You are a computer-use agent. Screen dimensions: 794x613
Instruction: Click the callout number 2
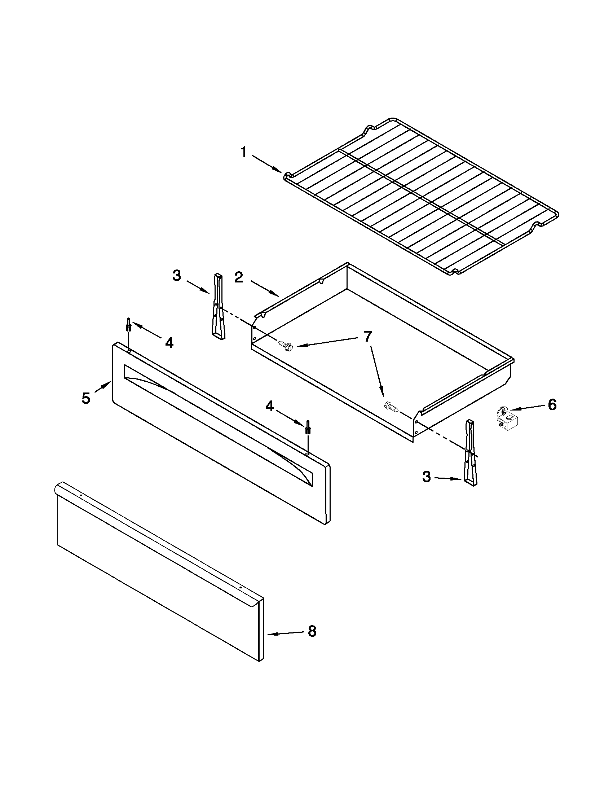click(239, 277)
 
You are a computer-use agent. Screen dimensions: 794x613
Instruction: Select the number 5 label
click(86, 399)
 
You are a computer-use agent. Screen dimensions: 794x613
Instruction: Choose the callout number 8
click(312, 631)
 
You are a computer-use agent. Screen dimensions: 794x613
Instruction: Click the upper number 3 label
click(177, 276)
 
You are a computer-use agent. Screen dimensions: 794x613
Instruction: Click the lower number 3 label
click(427, 477)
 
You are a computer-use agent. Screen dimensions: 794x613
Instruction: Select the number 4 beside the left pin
click(169, 342)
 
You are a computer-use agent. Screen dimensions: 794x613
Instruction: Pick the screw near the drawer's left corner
click(285, 345)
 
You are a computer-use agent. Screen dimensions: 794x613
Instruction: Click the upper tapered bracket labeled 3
click(218, 307)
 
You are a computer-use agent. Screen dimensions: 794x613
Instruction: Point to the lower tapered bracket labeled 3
click(471, 452)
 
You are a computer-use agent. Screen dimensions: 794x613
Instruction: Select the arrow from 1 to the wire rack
click(267, 164)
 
